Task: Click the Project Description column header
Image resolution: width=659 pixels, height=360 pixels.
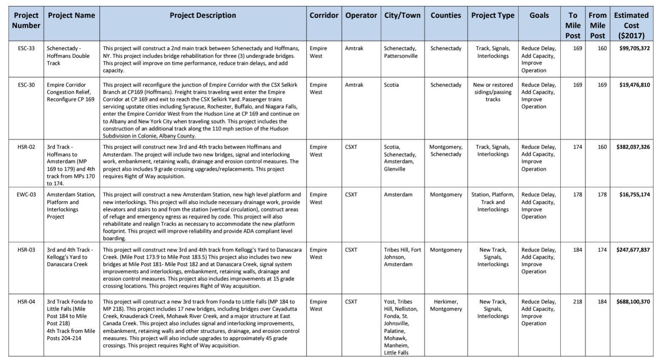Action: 203,16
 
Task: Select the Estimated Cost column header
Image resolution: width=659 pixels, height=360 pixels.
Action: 631,25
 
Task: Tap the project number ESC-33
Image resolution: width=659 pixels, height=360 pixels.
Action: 26,49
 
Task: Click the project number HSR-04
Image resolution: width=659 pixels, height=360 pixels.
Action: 26,302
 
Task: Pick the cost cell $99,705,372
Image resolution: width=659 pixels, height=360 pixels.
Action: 634,49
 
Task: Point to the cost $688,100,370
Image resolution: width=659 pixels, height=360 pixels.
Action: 633,302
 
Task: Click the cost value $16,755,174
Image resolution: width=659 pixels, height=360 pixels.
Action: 634,194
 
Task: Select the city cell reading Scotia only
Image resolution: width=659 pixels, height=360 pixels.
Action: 391,85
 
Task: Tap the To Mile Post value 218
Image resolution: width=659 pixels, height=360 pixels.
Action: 577,302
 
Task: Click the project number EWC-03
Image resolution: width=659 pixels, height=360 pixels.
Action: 26,194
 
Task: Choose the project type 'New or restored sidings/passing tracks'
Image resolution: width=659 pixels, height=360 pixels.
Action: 493,92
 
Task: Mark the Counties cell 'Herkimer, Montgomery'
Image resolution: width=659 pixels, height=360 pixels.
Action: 446,305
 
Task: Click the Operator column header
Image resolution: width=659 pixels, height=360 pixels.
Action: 361,16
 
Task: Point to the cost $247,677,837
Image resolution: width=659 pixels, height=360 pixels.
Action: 633,250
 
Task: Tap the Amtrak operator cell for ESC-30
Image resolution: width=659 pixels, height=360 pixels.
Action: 354,85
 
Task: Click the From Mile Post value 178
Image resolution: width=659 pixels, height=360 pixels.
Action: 602,194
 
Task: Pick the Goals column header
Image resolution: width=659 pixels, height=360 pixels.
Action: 539,16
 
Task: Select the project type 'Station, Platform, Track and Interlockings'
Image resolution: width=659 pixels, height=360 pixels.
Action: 493,202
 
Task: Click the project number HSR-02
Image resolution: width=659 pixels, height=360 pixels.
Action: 26,147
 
